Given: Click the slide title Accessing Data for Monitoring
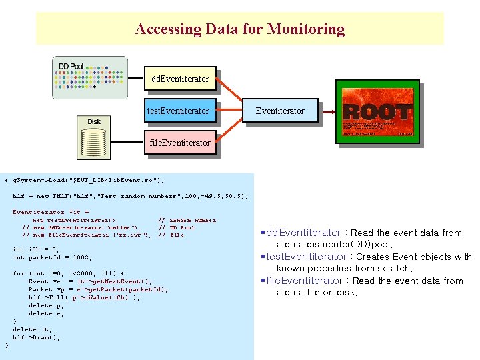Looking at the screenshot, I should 240,29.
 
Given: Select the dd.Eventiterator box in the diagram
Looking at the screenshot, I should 180,79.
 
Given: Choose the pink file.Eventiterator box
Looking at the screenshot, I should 180,143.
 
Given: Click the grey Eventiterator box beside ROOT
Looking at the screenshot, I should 280,111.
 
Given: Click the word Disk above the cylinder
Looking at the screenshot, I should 94,121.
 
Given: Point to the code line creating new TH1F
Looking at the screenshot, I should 131,196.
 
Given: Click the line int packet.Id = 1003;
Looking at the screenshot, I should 53,257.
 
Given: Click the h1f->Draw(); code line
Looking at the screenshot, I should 36,337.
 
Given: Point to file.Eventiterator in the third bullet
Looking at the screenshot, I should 304,281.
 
